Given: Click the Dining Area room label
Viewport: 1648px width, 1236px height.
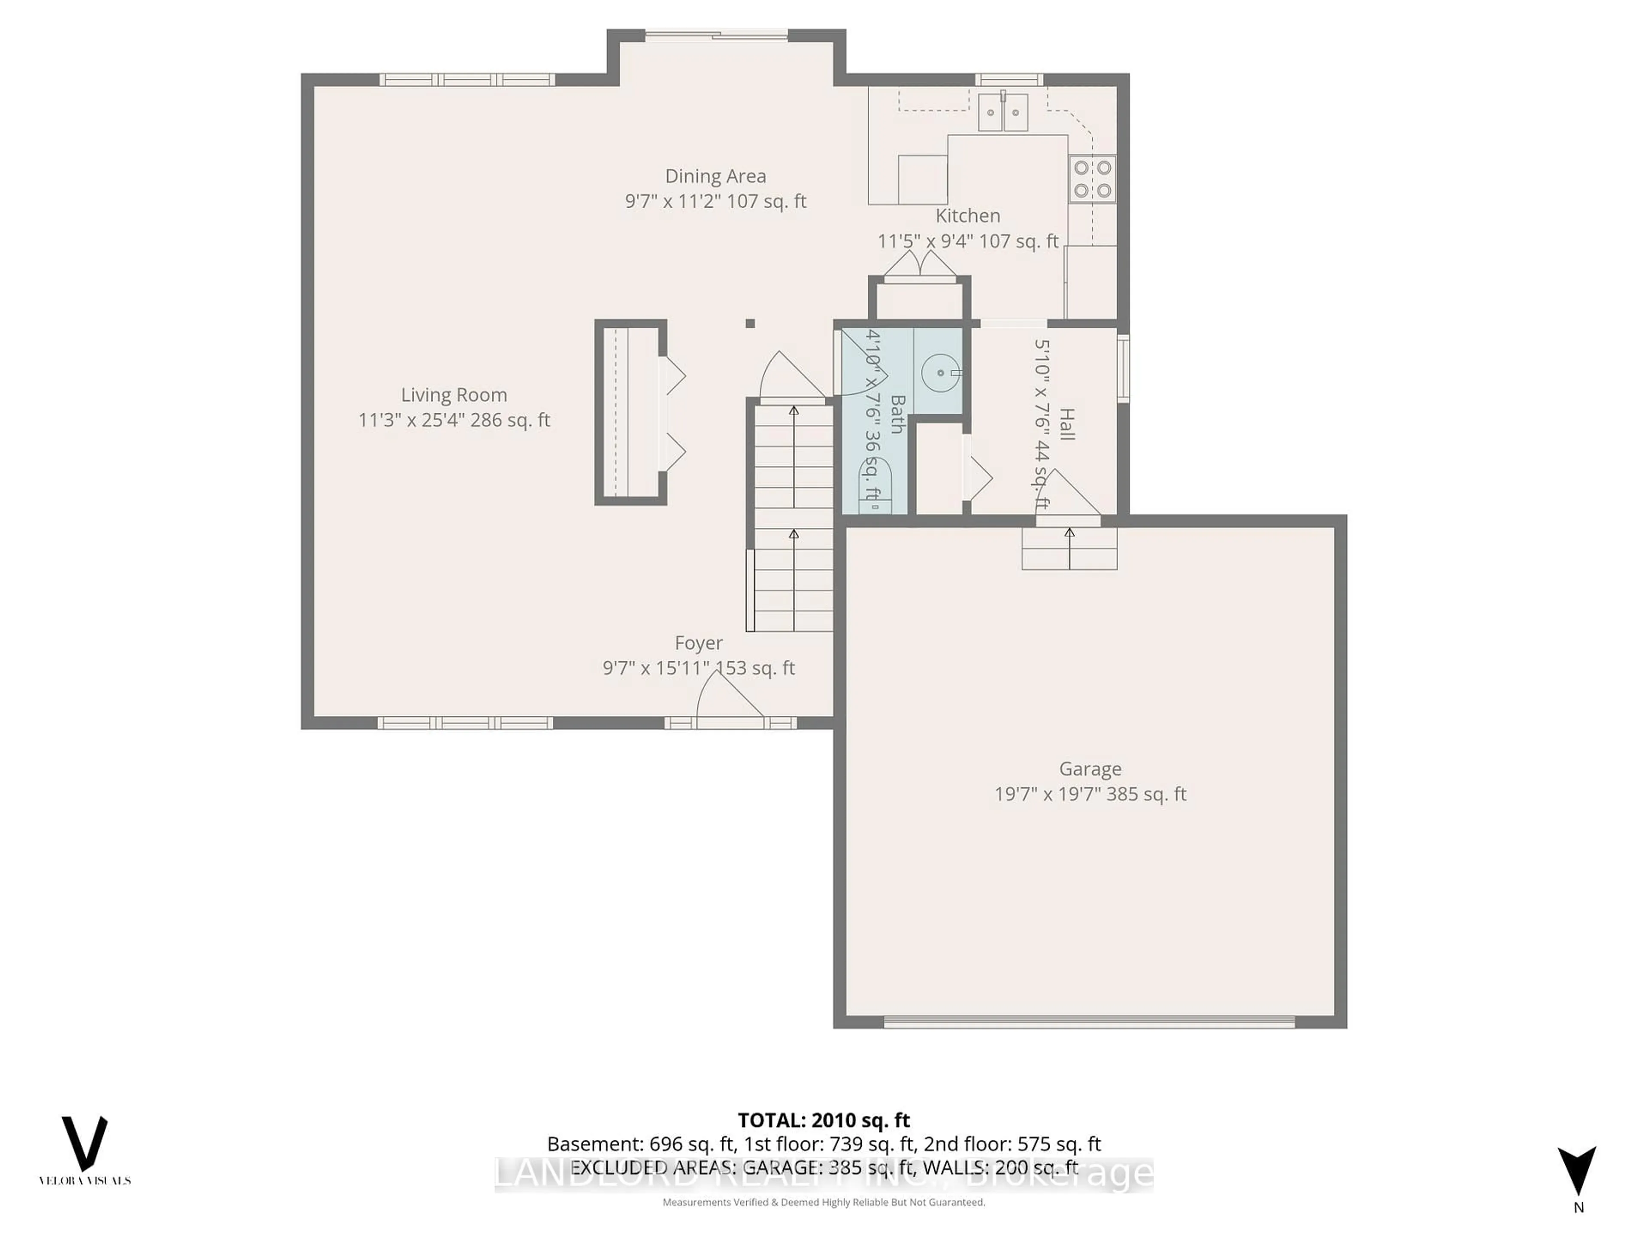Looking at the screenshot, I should point(715,176).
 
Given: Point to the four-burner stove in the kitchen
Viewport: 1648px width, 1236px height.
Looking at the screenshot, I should point(1092,179).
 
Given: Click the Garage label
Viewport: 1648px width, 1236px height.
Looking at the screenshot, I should point(1090,769).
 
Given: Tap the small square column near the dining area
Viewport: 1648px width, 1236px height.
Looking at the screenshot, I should point(750,323).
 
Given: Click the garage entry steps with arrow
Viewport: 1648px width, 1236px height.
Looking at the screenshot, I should point(1069,549).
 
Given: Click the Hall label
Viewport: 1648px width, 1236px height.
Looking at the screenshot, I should point(1066,424).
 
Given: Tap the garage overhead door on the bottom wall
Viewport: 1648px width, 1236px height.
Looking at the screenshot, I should point(1089,1023).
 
